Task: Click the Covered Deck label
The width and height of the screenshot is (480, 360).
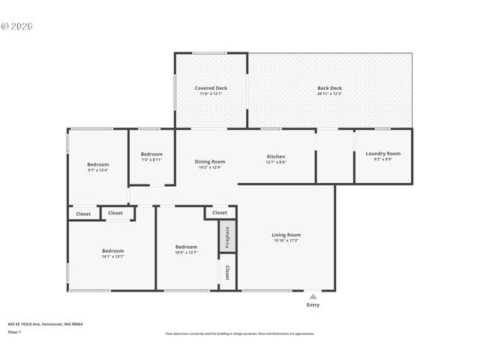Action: pyautogui.click(x=211, y=88)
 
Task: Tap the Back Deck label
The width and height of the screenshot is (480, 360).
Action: pyautogui.click(x=329, y=88)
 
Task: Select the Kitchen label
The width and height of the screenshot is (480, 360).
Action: pyautogui.click(x=276, y=156)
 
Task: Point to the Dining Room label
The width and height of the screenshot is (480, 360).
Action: pyautogui.click(x=210, y=161)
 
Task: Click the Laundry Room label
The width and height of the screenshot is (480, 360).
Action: pyautogui.click(x=382, y=153)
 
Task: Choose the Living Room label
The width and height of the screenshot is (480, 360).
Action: pyautogui.click(x=286, y=235)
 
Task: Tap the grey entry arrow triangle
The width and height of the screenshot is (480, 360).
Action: pyautogui.click(x=313, y=296)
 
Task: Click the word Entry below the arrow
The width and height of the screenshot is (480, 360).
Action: pyautogui.click(x=313, y=304)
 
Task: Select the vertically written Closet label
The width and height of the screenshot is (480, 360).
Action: pyautogui.click(x=227, y=272)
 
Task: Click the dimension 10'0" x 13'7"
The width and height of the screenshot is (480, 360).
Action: pyautogui.click(x=186, y=253)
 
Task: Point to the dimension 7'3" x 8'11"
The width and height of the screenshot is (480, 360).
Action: pyautogui.click(x=151, y=159)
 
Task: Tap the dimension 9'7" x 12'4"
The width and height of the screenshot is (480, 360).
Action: pyautogui.click(x=97, y=170)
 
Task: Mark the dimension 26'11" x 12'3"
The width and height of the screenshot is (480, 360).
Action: pyautogui.click(x=329, y=94)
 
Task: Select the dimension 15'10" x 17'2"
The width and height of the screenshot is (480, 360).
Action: pyautogui.click(x=286, y=241)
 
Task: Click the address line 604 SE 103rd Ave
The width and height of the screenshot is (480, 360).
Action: pyautogui.click(x=45, y=324)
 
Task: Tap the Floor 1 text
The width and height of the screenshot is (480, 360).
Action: pyautogui.click(x=15, y=331)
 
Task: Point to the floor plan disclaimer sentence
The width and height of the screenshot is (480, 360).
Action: pyautogui.click(x=239, y=334)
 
